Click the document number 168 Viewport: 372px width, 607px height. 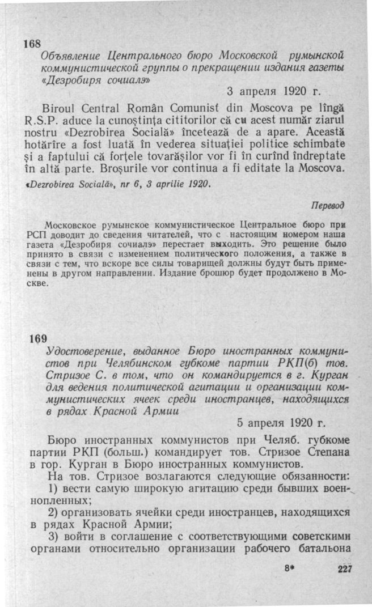(x=31, y=45)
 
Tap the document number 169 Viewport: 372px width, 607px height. (x=37, y=339)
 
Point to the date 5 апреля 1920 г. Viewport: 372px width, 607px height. (x=281, y=423)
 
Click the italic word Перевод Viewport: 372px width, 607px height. (x=329, y=205)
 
